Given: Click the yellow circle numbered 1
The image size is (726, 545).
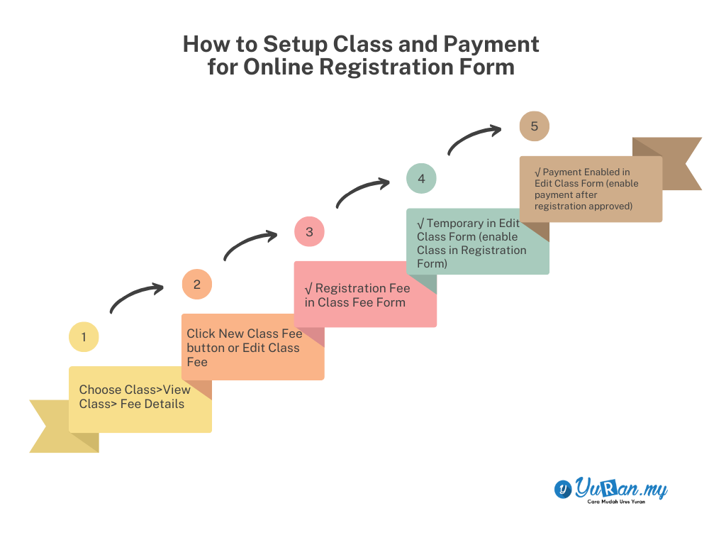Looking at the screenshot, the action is (x=84, y=337).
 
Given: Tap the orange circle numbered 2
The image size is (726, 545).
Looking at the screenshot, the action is (x=197, y=285).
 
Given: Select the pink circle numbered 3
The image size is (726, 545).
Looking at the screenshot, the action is (x=309, y=231).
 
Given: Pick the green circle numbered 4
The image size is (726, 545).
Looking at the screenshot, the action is (x=421, y=178).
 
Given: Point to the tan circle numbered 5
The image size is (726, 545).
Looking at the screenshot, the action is (x=534, y=126).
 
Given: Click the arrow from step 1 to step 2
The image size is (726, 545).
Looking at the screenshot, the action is (x=136, y=297).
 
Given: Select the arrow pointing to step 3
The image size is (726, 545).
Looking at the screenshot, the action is (x=250, y=243).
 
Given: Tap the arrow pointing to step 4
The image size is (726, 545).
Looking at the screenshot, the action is (x=362, y=190).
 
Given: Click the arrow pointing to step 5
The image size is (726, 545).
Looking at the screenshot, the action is (x=474, y=138).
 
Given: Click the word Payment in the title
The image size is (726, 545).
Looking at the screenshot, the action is (x=491, y=44).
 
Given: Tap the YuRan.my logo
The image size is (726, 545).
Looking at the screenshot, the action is (x=610, y=488).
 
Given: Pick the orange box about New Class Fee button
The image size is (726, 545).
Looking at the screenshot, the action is (x=252, y=347).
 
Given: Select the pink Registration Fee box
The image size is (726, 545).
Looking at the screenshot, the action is (x=365, y=294).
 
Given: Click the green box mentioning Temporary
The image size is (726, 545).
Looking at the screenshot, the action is (x=478, y=241).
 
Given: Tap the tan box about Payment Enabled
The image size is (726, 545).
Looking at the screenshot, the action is (x=591, y=189).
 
